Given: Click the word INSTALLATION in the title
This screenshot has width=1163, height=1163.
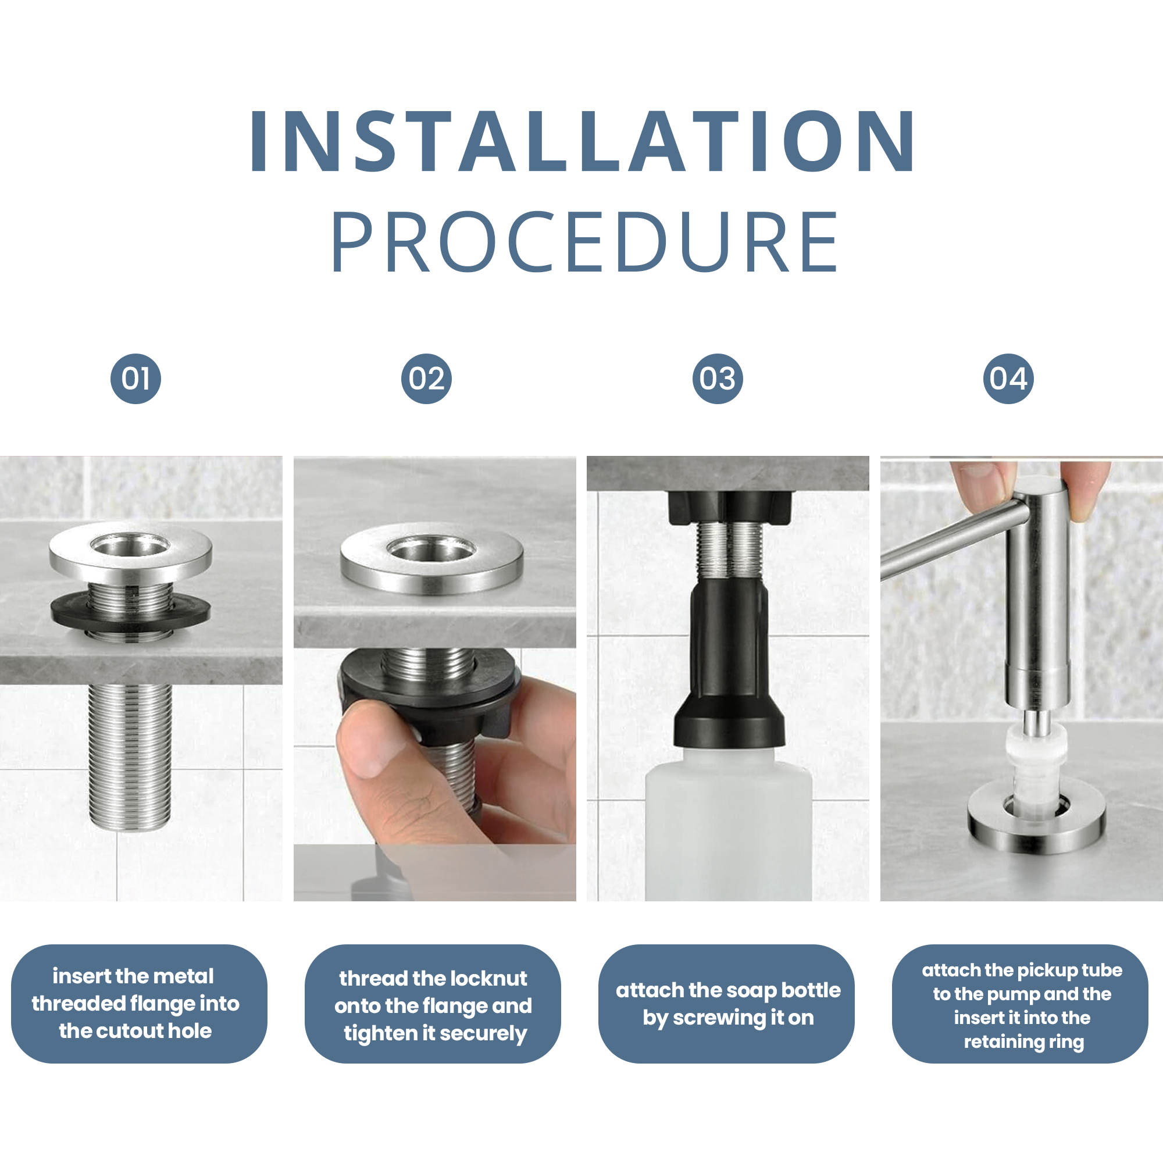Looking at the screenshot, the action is pyautogui.click(x=582, y=142).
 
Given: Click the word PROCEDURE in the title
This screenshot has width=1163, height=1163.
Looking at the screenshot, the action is pyautogui.click(x=584, y=242).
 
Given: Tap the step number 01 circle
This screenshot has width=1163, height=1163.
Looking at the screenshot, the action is pyautogui.click(x=135, y=379).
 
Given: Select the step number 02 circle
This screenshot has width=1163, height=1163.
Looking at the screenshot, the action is pyautogui.click(x=426, y=379).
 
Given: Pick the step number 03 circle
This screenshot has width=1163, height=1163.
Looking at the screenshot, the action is pyautogui.click(x=717, y=379).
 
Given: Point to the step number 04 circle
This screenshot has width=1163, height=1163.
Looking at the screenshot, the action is pyautogui.click(x=1008, y=379).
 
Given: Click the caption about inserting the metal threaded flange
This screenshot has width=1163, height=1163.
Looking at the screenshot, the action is pyautogui.click(x=135, y=1004).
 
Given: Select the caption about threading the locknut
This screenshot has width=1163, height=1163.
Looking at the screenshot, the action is pyautogui.click(x=433, y=1006).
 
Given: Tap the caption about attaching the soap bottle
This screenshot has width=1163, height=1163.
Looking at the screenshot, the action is pyautogui.click(x=728, y=1004).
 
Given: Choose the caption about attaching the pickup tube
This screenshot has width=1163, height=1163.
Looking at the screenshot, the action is pyautogui.click(x=1022, y=1006).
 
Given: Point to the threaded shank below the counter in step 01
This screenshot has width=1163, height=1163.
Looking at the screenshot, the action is pyautogui.click(x=130, y=757).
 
